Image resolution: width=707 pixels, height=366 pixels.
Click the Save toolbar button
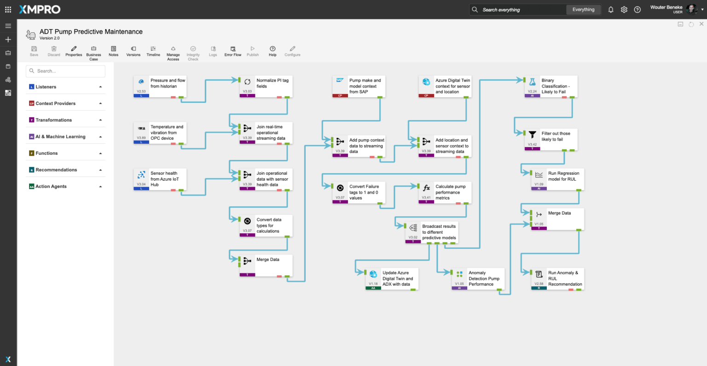tap(34, 51)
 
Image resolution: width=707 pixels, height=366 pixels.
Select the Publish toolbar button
tap(253, 51)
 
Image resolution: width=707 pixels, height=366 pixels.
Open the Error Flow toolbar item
tap(233, 51)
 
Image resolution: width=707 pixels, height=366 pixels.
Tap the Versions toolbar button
tap(133, 51)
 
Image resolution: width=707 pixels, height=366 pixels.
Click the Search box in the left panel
tap(66, 71)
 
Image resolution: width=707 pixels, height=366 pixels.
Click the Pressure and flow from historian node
tap(160, 86)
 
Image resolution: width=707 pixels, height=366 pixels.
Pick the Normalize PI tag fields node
tap(266, 86)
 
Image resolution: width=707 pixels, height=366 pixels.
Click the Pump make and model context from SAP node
tap(359, 86)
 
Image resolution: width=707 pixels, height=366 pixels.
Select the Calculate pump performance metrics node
tap(445, 192)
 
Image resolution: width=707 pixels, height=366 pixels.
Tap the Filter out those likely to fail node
tap(551, 139)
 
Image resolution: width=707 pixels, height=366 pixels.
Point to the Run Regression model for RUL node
tap(557, 179)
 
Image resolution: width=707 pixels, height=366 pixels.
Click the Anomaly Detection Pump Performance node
tap(478, 278)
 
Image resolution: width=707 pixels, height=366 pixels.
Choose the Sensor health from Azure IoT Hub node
tap(160, 179)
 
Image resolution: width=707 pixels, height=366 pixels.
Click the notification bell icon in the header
tap(611, 10)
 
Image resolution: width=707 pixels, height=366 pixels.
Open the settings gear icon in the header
tap(624, 10)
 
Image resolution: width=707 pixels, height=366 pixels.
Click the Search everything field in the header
tap(520, 10)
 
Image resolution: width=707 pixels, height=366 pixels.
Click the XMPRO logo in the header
tap(40, 9)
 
